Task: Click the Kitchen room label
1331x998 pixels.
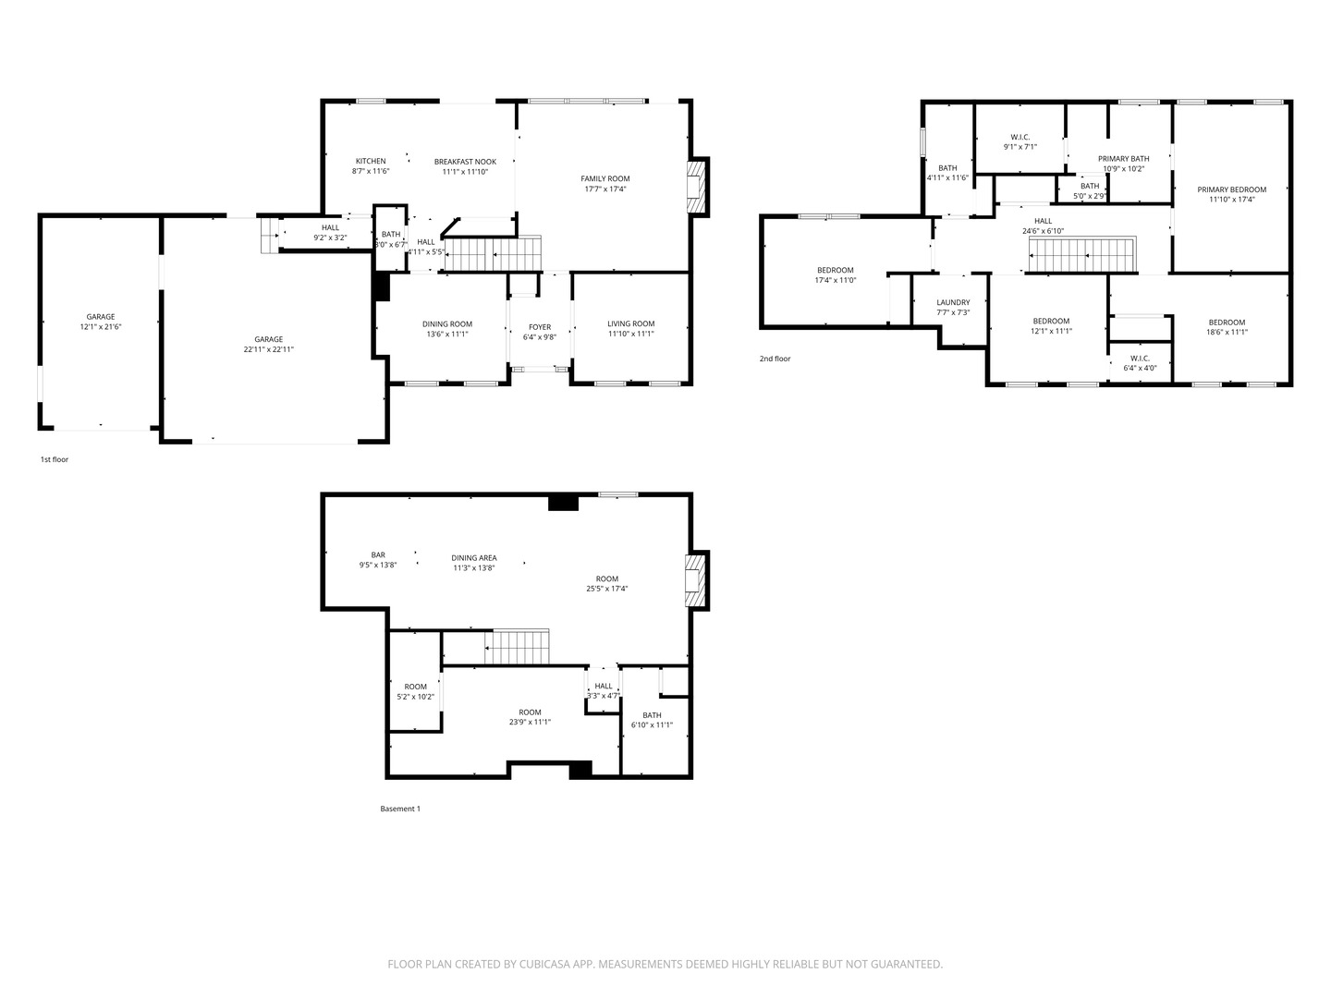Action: [371, 161]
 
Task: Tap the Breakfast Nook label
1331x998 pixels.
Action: [465, 162]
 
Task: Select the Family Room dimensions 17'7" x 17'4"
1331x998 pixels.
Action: [605, 189]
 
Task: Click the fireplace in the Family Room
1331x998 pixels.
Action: [698, 186]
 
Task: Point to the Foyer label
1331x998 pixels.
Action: [540, 327]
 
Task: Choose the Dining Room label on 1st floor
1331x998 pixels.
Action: [447, 324]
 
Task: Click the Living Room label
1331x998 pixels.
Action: [631, 323]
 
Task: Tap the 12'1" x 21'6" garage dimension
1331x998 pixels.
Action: [101, 326]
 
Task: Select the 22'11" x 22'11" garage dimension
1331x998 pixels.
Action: [269, 349]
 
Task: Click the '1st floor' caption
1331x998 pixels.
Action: [55, 459]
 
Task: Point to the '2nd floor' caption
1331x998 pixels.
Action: [775, 359]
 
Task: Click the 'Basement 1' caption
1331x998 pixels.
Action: [400, 809]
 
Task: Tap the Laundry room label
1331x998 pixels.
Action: [953, 302]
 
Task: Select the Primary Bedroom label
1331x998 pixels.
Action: [1231, 189]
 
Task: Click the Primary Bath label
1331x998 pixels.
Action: [1124, 159]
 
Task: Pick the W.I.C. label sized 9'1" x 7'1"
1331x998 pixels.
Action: [1020, 138]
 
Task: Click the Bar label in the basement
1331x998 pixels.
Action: [378, 555]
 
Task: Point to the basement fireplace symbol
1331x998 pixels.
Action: [697, 580]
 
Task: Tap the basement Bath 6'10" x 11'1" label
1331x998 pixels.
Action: [652, 715]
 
